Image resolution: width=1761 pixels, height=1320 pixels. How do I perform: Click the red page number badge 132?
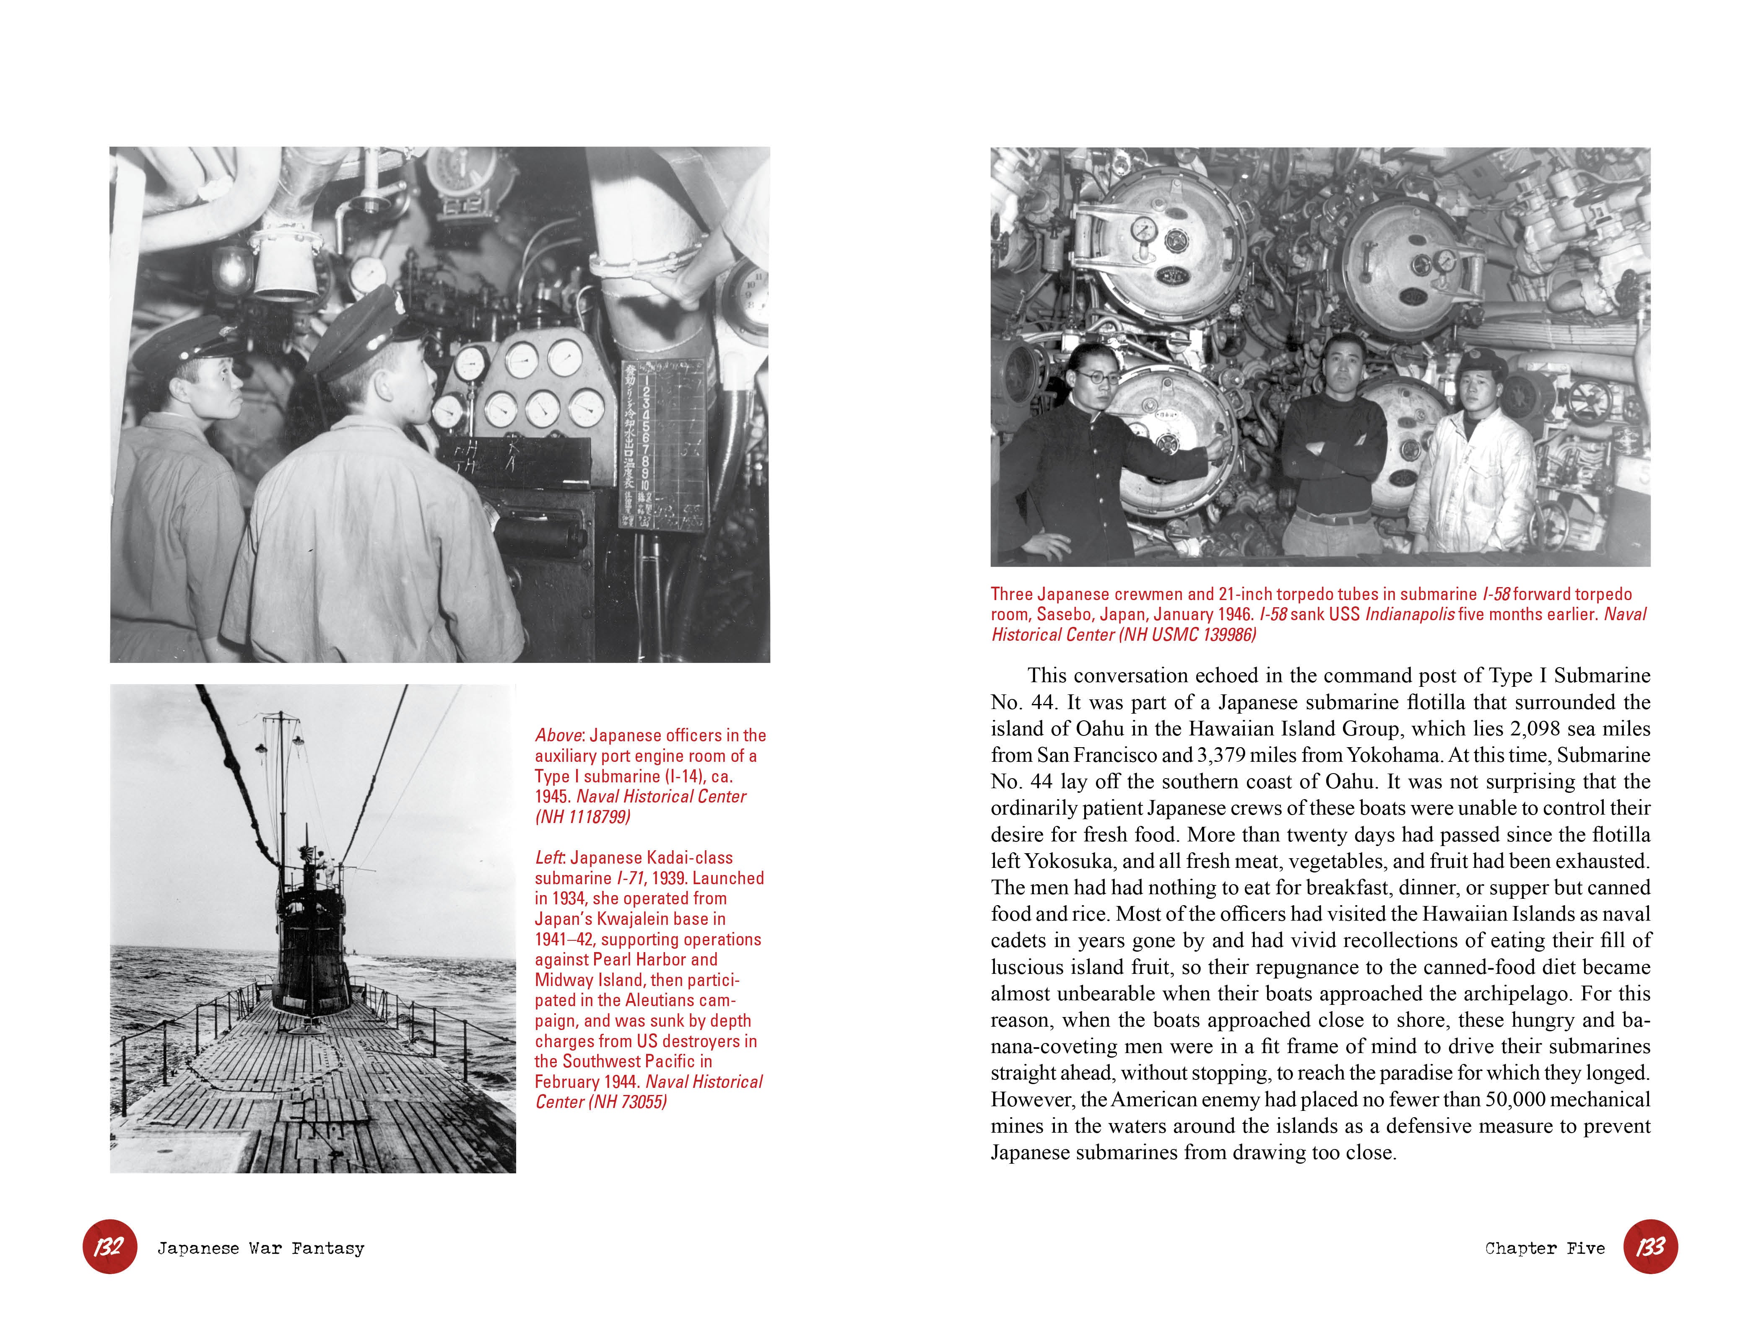pyautogui.click(x=109, y=1247)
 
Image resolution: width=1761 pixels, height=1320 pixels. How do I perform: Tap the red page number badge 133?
pyautogui.click(x=1650, y=1247)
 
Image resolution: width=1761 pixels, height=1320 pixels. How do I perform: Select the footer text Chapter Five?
pyautogui.click(x=1545, y=1248)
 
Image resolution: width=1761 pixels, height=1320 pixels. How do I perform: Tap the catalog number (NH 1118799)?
pyautogui.click(x=583, y=817)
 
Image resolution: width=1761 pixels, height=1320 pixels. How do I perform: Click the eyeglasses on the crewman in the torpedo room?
pyautogui.click(x=1096, y=377)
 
